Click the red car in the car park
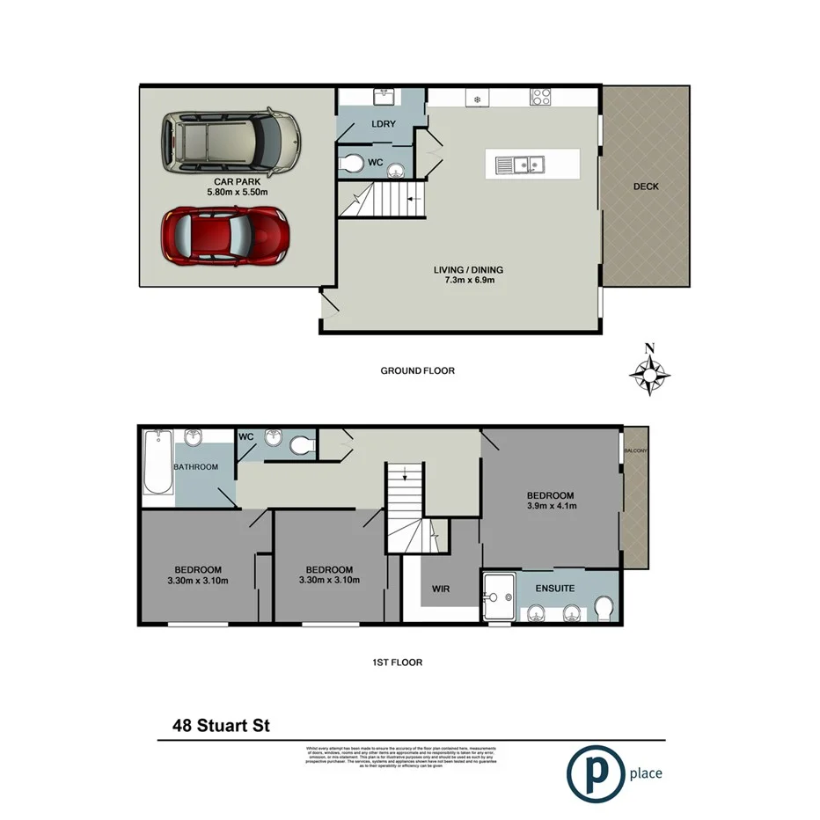point(226,237)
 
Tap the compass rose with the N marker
point(650,374)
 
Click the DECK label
point(646,187)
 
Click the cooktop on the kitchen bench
point(540,98)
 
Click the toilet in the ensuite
point(604,609)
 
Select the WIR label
point(441,588)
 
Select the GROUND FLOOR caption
point(417,370)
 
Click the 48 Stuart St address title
point(220,726)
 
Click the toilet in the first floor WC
point(302,445)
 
